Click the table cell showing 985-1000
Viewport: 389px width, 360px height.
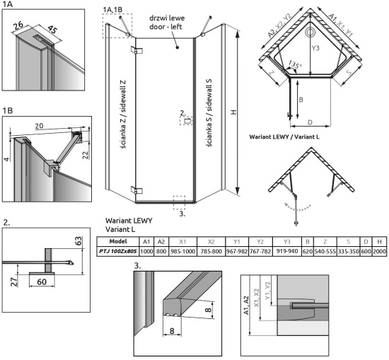tap(182, 251)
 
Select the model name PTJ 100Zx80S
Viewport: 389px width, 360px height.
tap(118, 251)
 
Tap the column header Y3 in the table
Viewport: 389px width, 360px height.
tap(286, 241)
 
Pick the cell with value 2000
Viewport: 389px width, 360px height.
tap(379, 251)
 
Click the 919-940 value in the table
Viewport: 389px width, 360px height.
tap(286, 251)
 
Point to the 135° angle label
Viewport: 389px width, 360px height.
tap(296, 65)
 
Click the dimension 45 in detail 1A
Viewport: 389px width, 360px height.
tap(52, 30)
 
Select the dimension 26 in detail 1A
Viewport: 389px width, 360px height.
tap(18, 25)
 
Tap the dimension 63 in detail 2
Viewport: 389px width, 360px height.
tap(78, 240)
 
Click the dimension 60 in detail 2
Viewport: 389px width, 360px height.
tap(42, 281)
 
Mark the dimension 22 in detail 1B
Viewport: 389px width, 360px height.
tap(86, 155)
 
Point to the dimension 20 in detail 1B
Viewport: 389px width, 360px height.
tap(39, 126)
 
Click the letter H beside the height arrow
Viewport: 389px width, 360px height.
tap(233, 112)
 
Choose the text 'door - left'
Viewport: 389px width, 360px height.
tap(166, 27)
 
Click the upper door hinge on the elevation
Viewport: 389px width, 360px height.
tap(137, 50)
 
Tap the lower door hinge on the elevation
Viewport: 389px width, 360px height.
tap(137, 190)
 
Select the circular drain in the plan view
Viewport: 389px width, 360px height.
tap(310, 33)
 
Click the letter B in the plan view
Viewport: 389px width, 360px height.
tap(301, 100)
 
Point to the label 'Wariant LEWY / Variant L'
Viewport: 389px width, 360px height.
tap(284, 137)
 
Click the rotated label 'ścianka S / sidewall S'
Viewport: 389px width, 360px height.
tap(209, 113)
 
